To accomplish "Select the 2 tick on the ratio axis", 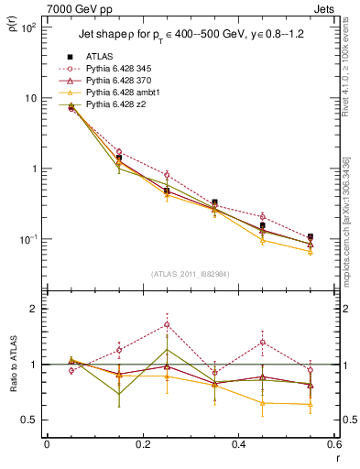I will (x=34, y=309).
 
